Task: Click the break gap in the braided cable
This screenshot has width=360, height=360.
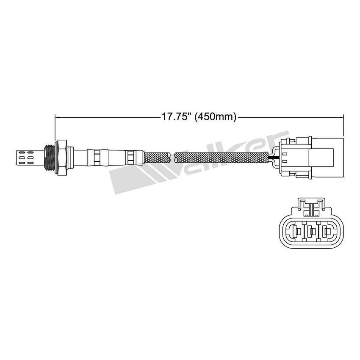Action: pyautogui.click(x=173, y=157)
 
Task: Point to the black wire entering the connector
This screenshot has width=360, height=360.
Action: pyautogui.click(x=271, y=158)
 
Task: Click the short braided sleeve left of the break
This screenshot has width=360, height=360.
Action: pyautogui.click(x=157, y=157)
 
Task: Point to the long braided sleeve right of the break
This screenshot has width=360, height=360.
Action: pyautogui.click(x=220, y=157)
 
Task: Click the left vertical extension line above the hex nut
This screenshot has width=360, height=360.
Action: pyautogui.click(x=55, y=127)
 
